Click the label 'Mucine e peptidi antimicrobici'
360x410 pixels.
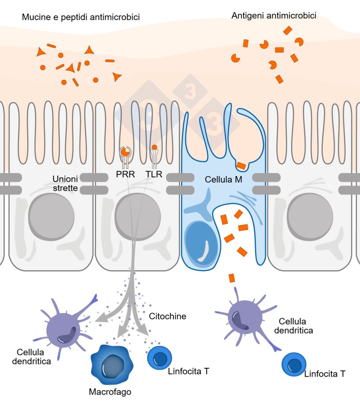pyautogui.click(x=81, y=18)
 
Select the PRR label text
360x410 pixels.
pyautogui.click(x=126, y=175)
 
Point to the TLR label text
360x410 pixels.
pyautogui.click(x=154, y=175)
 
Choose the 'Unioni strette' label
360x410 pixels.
pyautogui.click(x=65, y=183)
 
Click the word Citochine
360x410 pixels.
pyautogui.click(x=168, y=316)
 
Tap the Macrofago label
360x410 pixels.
pyautogui.click(x=110, y=391)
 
